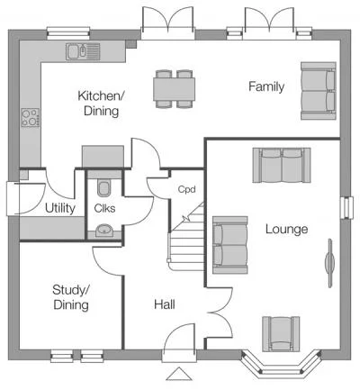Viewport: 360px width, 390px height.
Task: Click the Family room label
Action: click(266, 87)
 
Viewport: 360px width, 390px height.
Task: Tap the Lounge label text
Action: click(287, 230)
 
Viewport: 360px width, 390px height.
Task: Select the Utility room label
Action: click(60, 208)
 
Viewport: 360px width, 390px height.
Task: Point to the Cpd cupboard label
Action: click(186, 189)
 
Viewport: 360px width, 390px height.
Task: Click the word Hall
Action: click(165, 304)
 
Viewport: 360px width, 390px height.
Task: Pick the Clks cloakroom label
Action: click(104, 208)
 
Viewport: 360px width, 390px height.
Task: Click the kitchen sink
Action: click(83, 51)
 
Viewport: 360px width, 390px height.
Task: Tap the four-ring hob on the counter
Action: click(31, 117)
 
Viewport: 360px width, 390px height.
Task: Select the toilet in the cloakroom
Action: click(104, 187)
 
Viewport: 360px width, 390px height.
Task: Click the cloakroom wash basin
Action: click(104, 231)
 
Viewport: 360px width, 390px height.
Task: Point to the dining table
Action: click(174, 89)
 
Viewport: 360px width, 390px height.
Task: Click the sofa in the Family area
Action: click(319, 91)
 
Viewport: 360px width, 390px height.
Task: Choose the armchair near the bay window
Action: click(281, 334)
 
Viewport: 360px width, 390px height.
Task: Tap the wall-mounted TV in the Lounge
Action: click(329, 263)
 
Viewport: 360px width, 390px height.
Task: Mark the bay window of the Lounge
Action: click(282, 363)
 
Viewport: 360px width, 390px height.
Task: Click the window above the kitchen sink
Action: click(68, 33)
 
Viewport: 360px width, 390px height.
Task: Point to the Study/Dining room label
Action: click(71, 297)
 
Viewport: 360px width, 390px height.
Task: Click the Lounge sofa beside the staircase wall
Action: click(230, 245)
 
